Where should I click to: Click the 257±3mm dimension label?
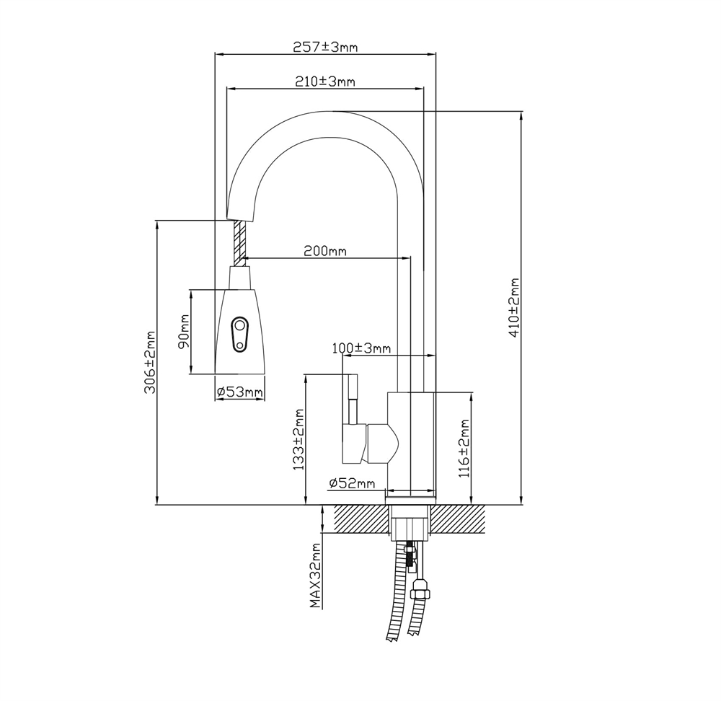pos(325,47)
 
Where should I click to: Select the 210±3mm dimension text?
pos(324,81)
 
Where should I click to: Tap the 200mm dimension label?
pos(324,251)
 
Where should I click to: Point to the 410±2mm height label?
pos(514,307)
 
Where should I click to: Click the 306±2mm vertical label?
pos(151,363)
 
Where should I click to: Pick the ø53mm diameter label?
pos(239,392)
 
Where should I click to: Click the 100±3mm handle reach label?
pos(361,348)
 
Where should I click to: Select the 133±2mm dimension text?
pos(299,439)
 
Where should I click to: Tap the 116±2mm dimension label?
pos(464,449)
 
